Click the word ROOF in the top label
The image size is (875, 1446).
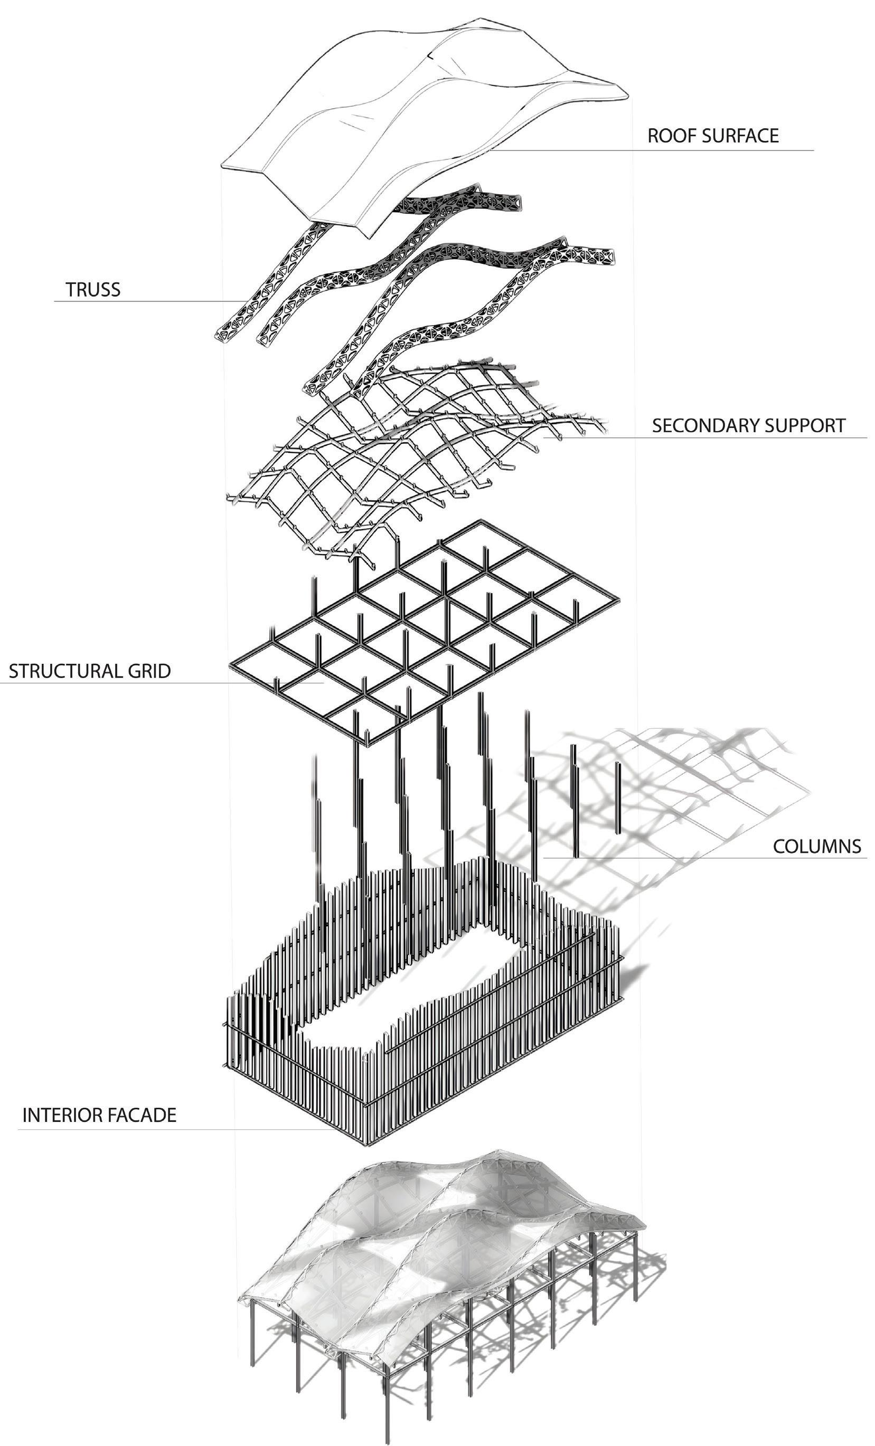coord(666,136)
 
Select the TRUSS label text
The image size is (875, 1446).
coord(93,290)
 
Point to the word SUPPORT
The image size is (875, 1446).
coord(805,425)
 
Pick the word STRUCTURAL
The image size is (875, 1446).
coord(62,671)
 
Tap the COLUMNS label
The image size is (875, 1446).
coord(817,846)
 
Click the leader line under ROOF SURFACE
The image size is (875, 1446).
coord(675,151)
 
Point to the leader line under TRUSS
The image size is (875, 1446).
coord(147,302)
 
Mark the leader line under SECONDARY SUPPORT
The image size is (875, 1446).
coord(704,438)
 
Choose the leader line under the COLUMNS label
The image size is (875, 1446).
coord(704,858)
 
